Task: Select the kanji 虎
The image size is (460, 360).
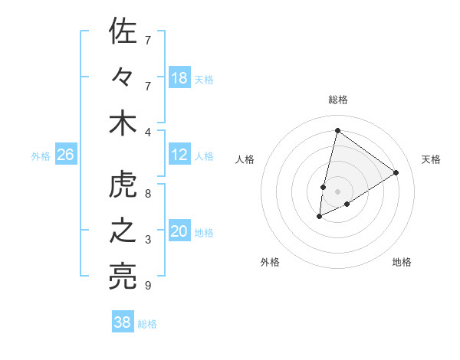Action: [123, 186]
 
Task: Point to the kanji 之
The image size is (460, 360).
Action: [123, 232]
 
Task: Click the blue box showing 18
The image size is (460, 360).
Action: [179, 78]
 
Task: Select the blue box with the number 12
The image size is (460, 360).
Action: [179, 155]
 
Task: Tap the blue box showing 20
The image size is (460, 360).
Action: [179, 231]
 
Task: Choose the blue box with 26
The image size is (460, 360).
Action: [66, 155]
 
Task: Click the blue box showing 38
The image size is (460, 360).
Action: [123, 322]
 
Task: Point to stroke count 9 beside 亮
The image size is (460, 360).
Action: [148, 286]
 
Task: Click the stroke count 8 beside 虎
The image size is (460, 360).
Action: [148, 194]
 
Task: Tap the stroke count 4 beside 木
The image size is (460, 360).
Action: [148, 131]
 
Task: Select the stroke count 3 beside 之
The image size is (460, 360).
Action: [148, 240]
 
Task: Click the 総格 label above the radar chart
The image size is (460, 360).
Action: [338, 100]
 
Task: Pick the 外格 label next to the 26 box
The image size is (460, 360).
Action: [41, 155]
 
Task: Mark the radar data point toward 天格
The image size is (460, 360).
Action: [396, 173]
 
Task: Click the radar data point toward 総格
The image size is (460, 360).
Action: [337, 130]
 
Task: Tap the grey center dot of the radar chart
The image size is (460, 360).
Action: [337, 191]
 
